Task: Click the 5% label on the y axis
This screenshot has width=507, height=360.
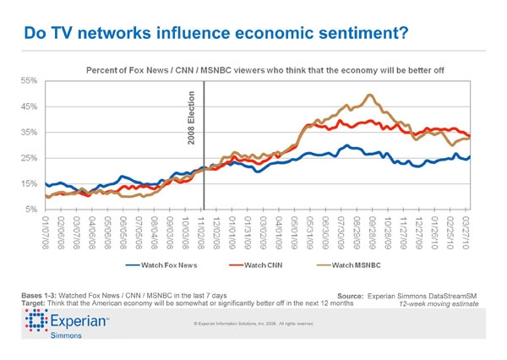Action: [x=31, y=209]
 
